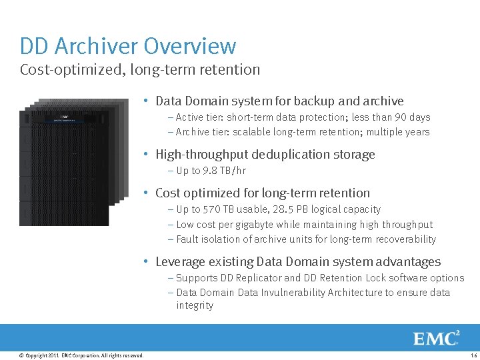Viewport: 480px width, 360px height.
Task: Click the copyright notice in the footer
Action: [x=81, y=355]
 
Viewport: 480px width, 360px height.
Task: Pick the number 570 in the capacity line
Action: [x=213, y=209]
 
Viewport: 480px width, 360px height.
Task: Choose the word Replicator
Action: [x=258, y=278]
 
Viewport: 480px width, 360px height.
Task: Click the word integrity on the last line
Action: [x=195, y=305]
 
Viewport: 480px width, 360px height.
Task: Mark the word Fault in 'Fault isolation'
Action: [x=187, y=239]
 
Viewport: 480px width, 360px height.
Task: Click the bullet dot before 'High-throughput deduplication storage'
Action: [x=146, y=154]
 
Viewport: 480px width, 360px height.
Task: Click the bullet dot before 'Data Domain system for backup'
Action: [x=146, y=101]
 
